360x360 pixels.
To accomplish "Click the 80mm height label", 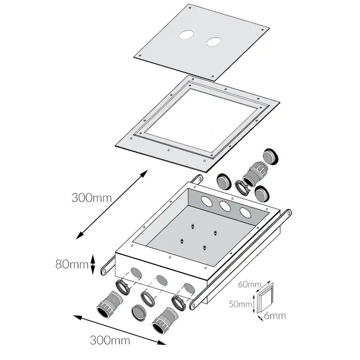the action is pos(72,264).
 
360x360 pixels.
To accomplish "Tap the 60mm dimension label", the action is pos(249,284).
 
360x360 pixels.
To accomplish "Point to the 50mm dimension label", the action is pos(240,304).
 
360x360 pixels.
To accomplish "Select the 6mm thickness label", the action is pos(275,316).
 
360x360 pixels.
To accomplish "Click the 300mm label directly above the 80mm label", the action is pos(92,198).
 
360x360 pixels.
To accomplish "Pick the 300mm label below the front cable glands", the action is pos(110,340).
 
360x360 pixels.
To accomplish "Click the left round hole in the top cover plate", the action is pos(186,35).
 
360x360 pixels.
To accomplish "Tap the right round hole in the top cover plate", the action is pos(214,42).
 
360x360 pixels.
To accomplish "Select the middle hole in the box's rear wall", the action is pos(225,206).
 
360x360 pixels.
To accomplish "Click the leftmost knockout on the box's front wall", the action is pos(137,273).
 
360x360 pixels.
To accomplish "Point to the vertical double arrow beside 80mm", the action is pos(93,264).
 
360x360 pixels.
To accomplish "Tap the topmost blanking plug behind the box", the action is pos(271,157).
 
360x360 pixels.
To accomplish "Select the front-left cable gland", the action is pos(110,304).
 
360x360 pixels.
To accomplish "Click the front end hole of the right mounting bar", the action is pos(193,305).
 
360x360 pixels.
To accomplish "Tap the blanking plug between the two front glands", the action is pos(139,313).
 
